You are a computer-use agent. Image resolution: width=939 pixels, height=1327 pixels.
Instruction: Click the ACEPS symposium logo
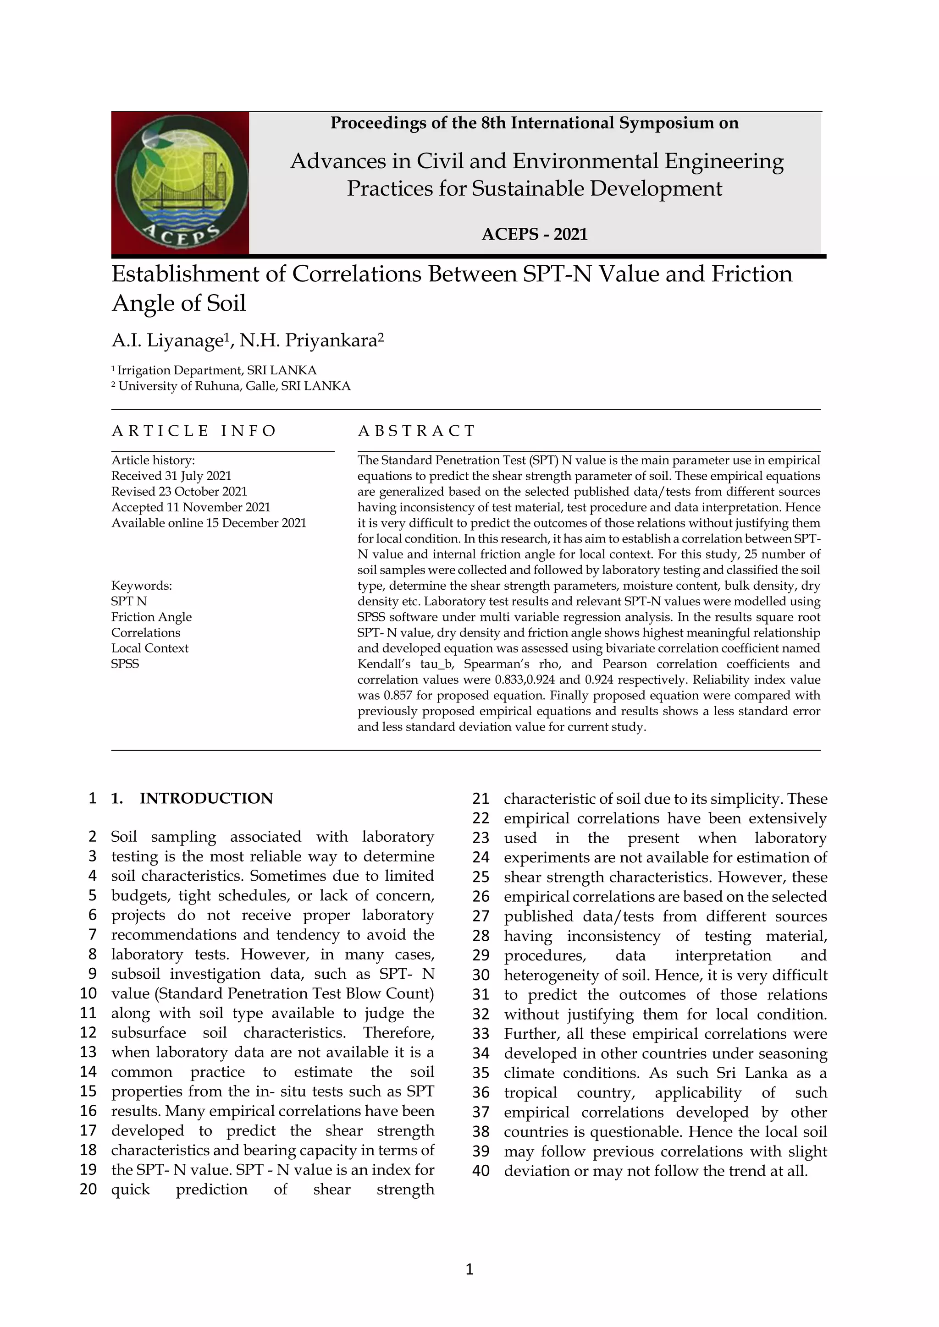pyautogui.click(x=180, y=183)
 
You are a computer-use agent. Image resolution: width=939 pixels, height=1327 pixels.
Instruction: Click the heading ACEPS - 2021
pyautogui.click(x=534, y=234)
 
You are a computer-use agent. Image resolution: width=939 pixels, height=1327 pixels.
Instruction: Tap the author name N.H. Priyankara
pyautogui.click(x=311, y=340)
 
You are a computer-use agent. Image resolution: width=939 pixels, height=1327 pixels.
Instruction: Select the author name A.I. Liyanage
pyautogui.click(x=166, y=340)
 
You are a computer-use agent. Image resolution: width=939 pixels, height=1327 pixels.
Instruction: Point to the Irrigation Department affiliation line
pyautogui.click(x=214, y=371)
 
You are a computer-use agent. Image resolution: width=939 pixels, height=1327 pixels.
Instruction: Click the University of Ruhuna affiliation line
pyautogui.click(x=231, y=386)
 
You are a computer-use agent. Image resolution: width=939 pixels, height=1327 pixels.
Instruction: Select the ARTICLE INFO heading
pyautogui.click(x=193, y=431)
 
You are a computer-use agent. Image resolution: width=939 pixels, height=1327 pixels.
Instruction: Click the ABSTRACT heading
pyautogui.click(x=416, y=431)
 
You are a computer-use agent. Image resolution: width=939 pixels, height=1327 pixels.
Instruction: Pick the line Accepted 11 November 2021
pyautogui.click(x=191, y=507)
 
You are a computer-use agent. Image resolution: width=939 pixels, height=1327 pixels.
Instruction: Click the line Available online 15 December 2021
pyautogui.click(x=209, y=523)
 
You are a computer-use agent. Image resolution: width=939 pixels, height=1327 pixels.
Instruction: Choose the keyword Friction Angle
pyautogui.click(x=151, y=617)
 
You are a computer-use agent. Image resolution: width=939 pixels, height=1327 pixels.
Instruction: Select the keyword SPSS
pyautogui.click(x=125, y=664)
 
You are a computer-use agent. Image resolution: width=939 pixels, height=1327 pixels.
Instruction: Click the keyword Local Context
pyautogui.click(x=150, y=648)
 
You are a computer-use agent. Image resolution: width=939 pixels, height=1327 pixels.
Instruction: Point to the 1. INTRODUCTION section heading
pyautogui.click(x=192, y=799)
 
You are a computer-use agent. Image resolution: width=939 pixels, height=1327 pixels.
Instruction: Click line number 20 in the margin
pyautogui.click(x=88, y=1190)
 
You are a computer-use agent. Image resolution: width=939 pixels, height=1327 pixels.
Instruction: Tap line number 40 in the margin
pyautogui.click(x=481, y=1171)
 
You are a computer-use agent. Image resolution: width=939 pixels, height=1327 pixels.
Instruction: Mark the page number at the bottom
pyautogui.click(x=469, y=1270)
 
